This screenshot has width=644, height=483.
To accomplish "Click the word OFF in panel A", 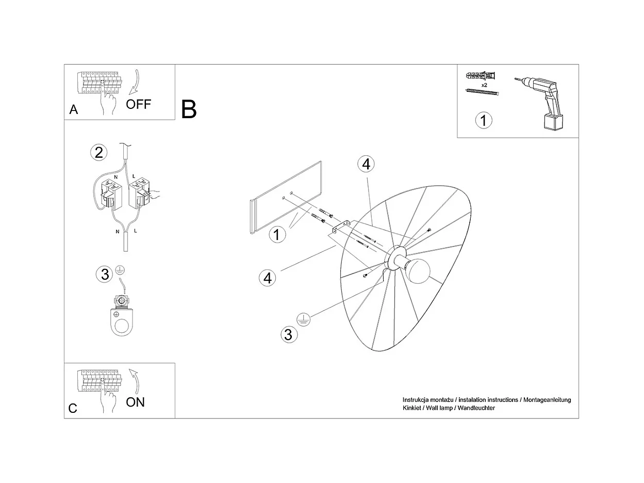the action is tap(138, 104).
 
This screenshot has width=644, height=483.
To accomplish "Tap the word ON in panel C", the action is tap(135, 403).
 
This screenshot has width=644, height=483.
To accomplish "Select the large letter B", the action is tap(189, 109).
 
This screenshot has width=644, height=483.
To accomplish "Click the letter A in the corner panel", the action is tap(74, 110).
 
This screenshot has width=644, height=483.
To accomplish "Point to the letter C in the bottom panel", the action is tap(73, 408).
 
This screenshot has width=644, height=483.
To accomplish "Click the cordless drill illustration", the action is tap(542, 103).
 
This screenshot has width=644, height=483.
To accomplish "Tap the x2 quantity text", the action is tap(484, 85).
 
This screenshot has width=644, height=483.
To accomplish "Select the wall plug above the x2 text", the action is tap(480, 76).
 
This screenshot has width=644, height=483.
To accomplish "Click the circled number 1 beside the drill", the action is tap(484, 120).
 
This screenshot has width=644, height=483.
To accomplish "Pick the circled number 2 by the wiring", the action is tap(99, 153).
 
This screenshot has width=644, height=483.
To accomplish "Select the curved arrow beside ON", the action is tap(135, 381).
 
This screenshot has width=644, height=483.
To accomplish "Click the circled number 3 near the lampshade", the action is tap(289, 335).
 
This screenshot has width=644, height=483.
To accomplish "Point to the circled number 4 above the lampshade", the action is tap(366, 164).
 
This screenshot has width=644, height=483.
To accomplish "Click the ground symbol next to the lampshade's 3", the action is tap(303, 319).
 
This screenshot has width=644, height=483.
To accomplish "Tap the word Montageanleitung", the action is tap(547, 400).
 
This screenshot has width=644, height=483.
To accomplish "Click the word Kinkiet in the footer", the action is tap(411, 408).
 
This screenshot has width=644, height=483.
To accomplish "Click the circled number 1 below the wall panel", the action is tap(277, 235).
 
